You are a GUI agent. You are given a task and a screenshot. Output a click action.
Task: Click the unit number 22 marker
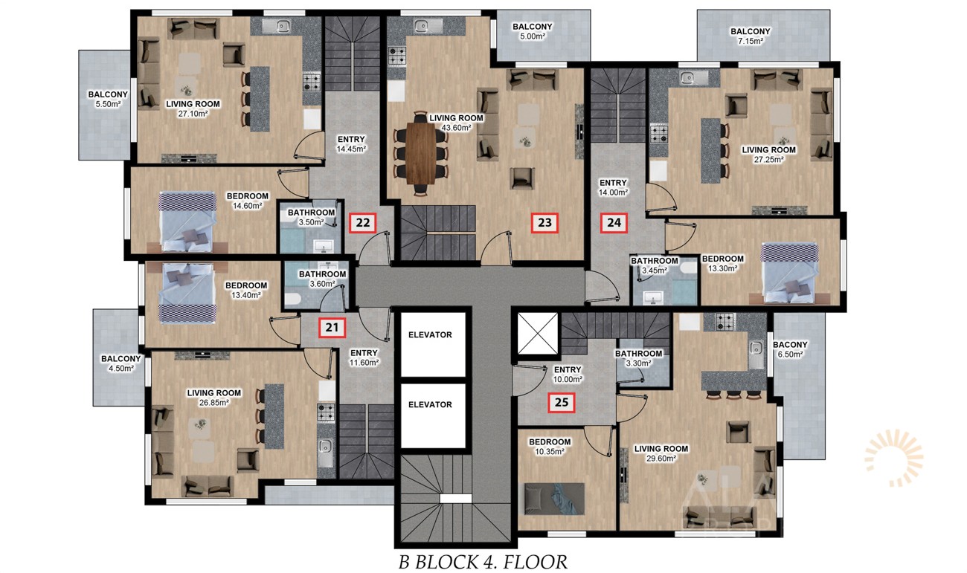[363, 223]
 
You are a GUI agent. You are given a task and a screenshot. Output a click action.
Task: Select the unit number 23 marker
[544, 223]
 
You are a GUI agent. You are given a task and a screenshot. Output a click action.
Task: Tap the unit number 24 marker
[614, 223]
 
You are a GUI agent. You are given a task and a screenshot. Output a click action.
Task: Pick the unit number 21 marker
[332, 328]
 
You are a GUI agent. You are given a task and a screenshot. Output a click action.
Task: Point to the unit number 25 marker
[561, 402]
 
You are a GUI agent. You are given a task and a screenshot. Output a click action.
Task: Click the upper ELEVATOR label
[430, 335]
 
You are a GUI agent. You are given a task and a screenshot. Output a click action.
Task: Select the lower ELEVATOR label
[430, 405]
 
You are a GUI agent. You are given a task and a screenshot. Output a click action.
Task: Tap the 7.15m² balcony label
[751, 36]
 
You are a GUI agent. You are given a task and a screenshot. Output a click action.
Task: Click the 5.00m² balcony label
[533, 31]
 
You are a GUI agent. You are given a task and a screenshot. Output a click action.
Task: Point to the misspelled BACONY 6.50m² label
[790, 349]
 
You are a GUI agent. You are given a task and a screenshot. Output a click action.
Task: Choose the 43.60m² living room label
[456, 123]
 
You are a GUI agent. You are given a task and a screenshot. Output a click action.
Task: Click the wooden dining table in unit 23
[421, 153]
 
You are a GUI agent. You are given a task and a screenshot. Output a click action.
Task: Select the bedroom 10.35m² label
[550, 447]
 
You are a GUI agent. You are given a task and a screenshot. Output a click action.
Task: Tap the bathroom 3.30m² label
[638, 358]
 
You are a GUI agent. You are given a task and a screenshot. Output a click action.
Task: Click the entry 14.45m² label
[351, 144]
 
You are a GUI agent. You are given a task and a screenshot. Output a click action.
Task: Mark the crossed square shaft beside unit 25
[538, 334]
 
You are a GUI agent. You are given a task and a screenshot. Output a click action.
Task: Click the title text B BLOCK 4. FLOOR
[483, 562]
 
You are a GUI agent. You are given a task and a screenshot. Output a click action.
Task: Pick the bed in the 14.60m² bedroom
[187, 221]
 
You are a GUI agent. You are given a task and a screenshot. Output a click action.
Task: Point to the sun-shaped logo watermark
[894, 458]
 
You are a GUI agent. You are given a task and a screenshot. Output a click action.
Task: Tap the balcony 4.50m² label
[121, 363]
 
